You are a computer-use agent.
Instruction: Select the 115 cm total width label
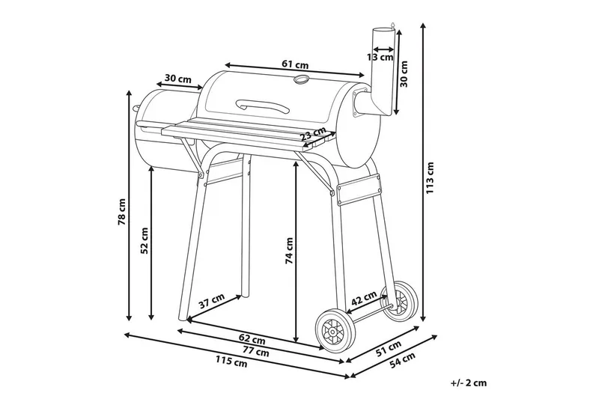coord(231,363)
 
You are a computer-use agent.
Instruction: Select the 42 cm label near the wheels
coord(364,298)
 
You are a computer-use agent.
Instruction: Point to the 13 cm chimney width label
coord(380,56)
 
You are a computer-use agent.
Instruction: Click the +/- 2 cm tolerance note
coord(469,383)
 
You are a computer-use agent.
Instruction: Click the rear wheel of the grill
coord(404,299)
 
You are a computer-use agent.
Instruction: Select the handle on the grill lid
coord(261,106)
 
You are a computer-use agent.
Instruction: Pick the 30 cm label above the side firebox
coord(177,79)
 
